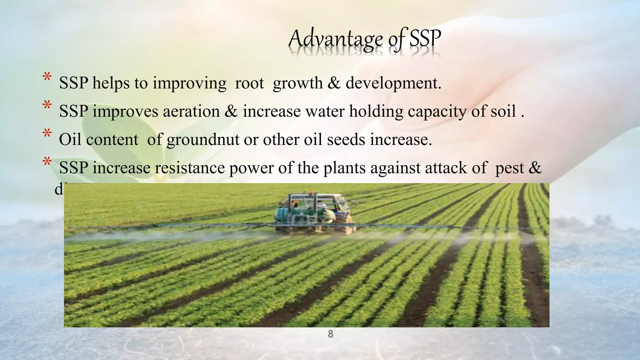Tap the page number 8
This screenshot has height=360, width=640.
click(x=330, y=334)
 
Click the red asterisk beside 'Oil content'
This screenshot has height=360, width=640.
click(x=47, y=134)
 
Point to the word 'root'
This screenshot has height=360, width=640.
click(x=249, y=83)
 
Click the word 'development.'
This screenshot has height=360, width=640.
click(x=393, y=83)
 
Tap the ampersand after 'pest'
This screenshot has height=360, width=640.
click(x=535, y=168)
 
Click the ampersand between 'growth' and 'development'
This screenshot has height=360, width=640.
click(x=334, y=83)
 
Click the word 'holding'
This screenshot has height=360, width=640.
click(x=376, y=112)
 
